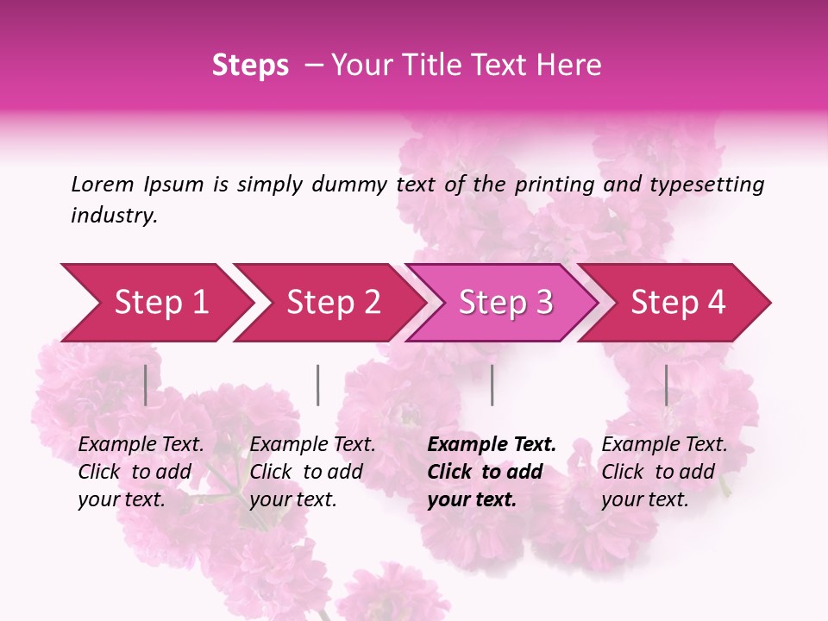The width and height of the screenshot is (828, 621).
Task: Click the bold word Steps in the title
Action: (x=250, y=66)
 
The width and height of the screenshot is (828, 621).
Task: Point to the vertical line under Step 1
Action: (x=145, y=385)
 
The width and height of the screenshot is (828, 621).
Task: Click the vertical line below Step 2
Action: (x=317, y=385)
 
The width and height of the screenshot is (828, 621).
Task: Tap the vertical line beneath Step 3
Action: (x=492, y=385)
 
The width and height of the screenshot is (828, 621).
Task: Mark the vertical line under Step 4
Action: (x=666, y=385)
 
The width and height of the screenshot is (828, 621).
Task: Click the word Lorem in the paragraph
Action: (x=102, y=185)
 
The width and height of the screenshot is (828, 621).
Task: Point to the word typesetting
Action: (x=706, y=185)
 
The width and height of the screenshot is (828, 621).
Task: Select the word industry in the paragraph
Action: (x=114, y=216)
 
